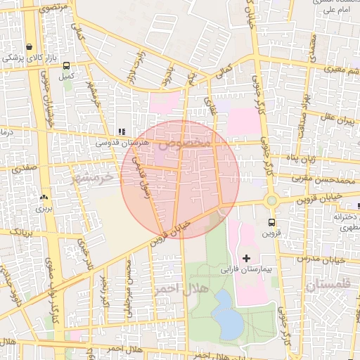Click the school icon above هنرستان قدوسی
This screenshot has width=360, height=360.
click(121, 131)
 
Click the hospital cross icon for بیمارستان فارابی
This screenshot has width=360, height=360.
click(245, 258)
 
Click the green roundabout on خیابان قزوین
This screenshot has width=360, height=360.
click(271, 201)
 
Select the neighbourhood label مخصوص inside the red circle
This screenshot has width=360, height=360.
click(184, 143)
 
